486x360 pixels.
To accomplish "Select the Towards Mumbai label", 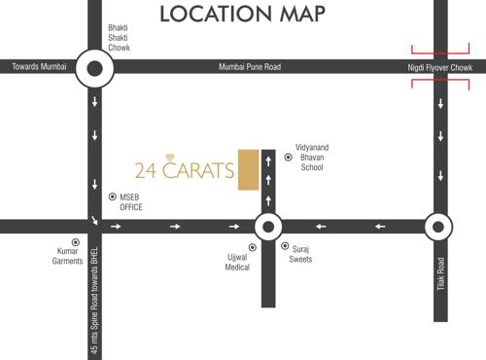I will tap(41, 67).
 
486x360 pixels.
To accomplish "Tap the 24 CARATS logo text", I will tap(185, 169).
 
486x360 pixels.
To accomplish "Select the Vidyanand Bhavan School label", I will tap(317, 155).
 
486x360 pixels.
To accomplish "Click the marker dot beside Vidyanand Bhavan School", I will tap(288, 157).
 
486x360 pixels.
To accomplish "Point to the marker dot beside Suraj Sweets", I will tap(285, 247).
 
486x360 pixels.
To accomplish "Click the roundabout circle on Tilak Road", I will tap(438, 227).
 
